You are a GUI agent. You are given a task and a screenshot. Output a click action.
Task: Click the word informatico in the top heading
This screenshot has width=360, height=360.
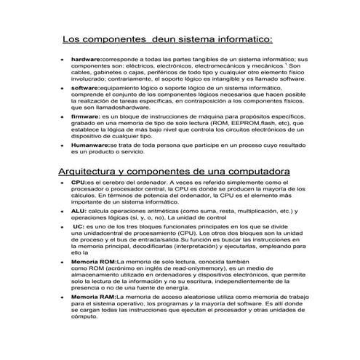(239, 38)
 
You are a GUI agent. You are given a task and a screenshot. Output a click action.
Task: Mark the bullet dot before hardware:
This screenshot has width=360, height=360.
(63, 58)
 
